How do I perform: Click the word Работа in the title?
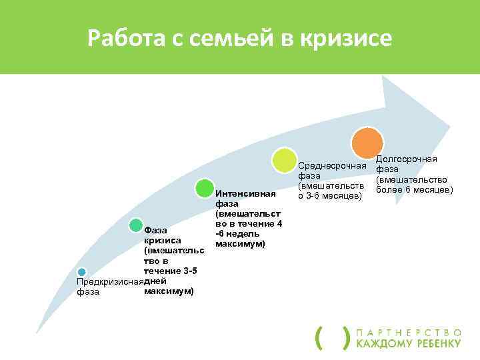click(x=123, y=39)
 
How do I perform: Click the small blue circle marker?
click(x=81, y=272)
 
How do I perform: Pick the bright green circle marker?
click(x=205, y=190)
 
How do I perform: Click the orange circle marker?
click(x=367, y=143)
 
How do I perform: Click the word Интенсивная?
click(x=245, y=194)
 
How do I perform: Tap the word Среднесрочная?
click(x=332, y=165)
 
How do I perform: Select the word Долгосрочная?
click(x=407, y=159)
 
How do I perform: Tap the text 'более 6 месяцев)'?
click(x=414, y=190)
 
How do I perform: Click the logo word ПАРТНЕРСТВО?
click(x=409, y=331)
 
